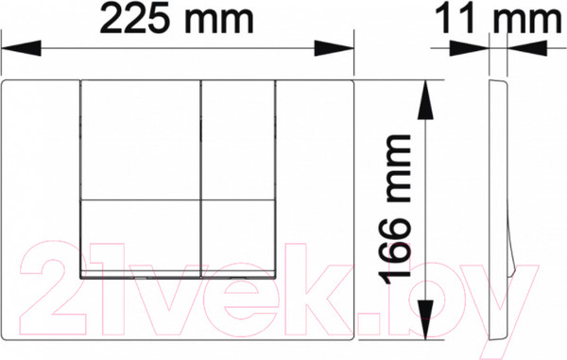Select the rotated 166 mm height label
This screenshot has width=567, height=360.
[399, 209]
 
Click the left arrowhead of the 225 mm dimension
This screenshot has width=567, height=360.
[21, 48]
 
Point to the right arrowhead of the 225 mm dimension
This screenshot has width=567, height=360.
[335, 48]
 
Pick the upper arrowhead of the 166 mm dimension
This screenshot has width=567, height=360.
[425, 100]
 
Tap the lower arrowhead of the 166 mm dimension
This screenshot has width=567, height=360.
[425, 319]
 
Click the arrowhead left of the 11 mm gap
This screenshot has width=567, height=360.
[469, 48]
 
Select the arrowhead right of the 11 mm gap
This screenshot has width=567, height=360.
[527, 48]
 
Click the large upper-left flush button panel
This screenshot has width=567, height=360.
[140, 140]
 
